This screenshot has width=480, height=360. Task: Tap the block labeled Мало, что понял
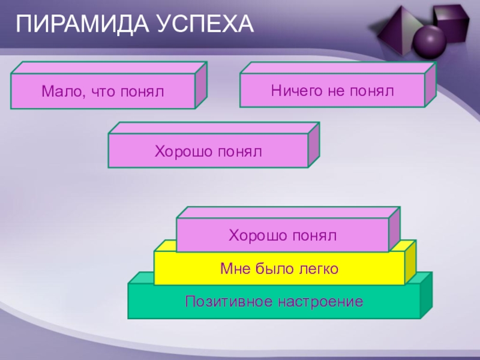(103, 91)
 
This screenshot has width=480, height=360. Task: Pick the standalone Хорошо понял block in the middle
(208, 151)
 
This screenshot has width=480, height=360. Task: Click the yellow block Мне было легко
(279, 268)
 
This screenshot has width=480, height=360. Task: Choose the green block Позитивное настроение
(274, 301)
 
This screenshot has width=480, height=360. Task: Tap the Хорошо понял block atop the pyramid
(282, 235)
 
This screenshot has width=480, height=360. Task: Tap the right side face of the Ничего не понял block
(430, 85)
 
